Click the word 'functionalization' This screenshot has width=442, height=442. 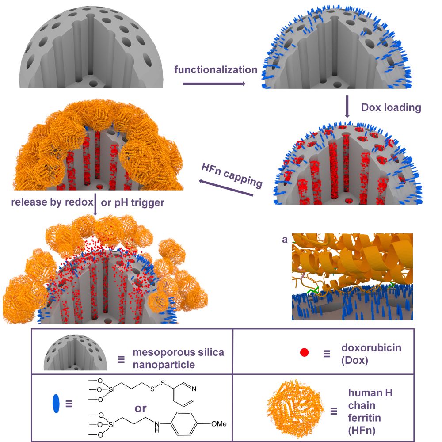(216, 69)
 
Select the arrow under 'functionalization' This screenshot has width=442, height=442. (214, 83)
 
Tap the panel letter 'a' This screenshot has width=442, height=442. (285, 240)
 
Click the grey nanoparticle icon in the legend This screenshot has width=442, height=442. (75, 355)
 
